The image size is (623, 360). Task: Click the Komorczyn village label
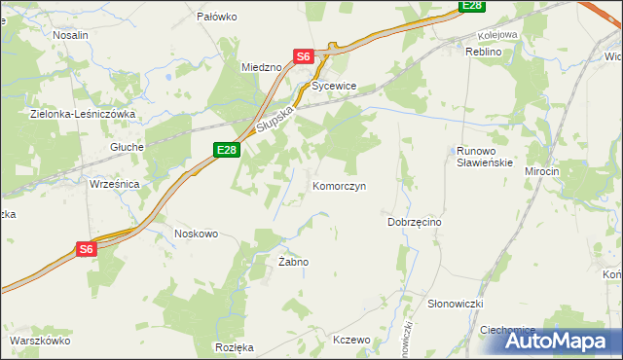tap(339, 186)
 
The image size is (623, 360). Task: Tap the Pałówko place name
tap(217, 17)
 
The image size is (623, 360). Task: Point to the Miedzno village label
tap(261, 67)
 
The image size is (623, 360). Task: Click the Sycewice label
tap(335, 87)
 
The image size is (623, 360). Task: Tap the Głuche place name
tap(128, 147)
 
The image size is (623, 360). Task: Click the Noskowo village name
tap(195, 234)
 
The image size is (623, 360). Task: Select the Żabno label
tap(293, 263)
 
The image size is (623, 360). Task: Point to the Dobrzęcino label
tap(415, 222)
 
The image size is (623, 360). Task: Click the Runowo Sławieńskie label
tap(483, 157)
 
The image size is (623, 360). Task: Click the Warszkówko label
tap(41, 342)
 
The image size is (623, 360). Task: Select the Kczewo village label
tap(352, 341)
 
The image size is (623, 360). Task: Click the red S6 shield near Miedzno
tap(303, 56)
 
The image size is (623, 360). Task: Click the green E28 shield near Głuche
tap(226, 149)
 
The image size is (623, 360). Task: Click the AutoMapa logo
tap(558, 342)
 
